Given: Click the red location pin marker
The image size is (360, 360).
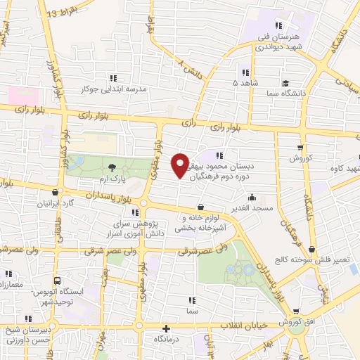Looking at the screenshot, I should pos(180,166).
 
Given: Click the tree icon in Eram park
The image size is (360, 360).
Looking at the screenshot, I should pos(112,167).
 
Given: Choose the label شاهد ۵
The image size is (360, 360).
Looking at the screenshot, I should pos(245,82).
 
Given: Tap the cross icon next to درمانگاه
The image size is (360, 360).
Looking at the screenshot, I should pos(167,328).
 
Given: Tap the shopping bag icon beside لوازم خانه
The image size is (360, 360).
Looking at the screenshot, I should pos(202,207).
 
